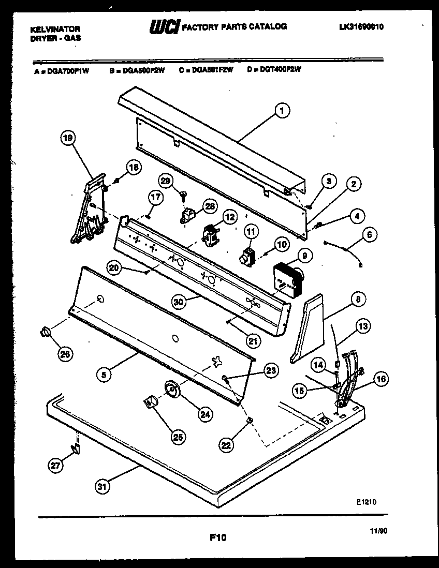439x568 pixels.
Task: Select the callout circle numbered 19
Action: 68,138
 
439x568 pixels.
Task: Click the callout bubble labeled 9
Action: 304,255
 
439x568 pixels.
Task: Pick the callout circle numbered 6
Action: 369,234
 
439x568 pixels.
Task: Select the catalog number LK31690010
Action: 358,27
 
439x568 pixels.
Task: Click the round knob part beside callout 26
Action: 46,332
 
